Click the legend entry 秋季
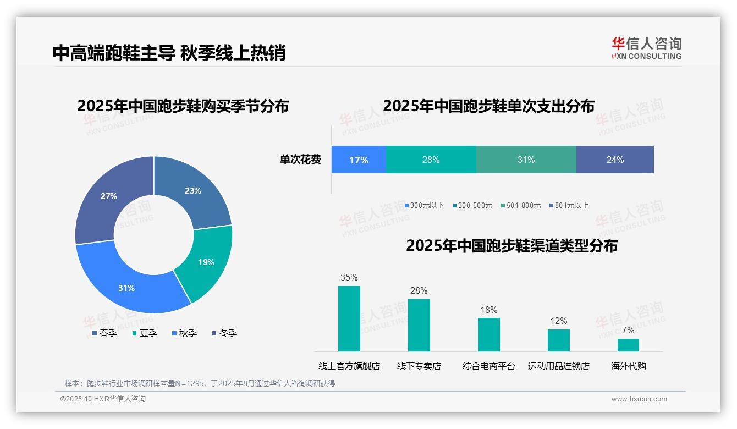[184, 333]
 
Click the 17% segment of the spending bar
[359, 160]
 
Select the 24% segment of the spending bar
[615, 160]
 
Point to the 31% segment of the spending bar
[526, 160]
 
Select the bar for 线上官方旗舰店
[349, 318]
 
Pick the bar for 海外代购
[628, 345]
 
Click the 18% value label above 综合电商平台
[488, 310]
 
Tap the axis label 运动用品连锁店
[558, 366]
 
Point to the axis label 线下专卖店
[419, 366]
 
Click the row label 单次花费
[300, 160]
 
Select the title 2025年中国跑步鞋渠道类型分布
[512, 246]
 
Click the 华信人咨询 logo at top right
[646, 48]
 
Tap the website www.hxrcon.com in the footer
[639, 399]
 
